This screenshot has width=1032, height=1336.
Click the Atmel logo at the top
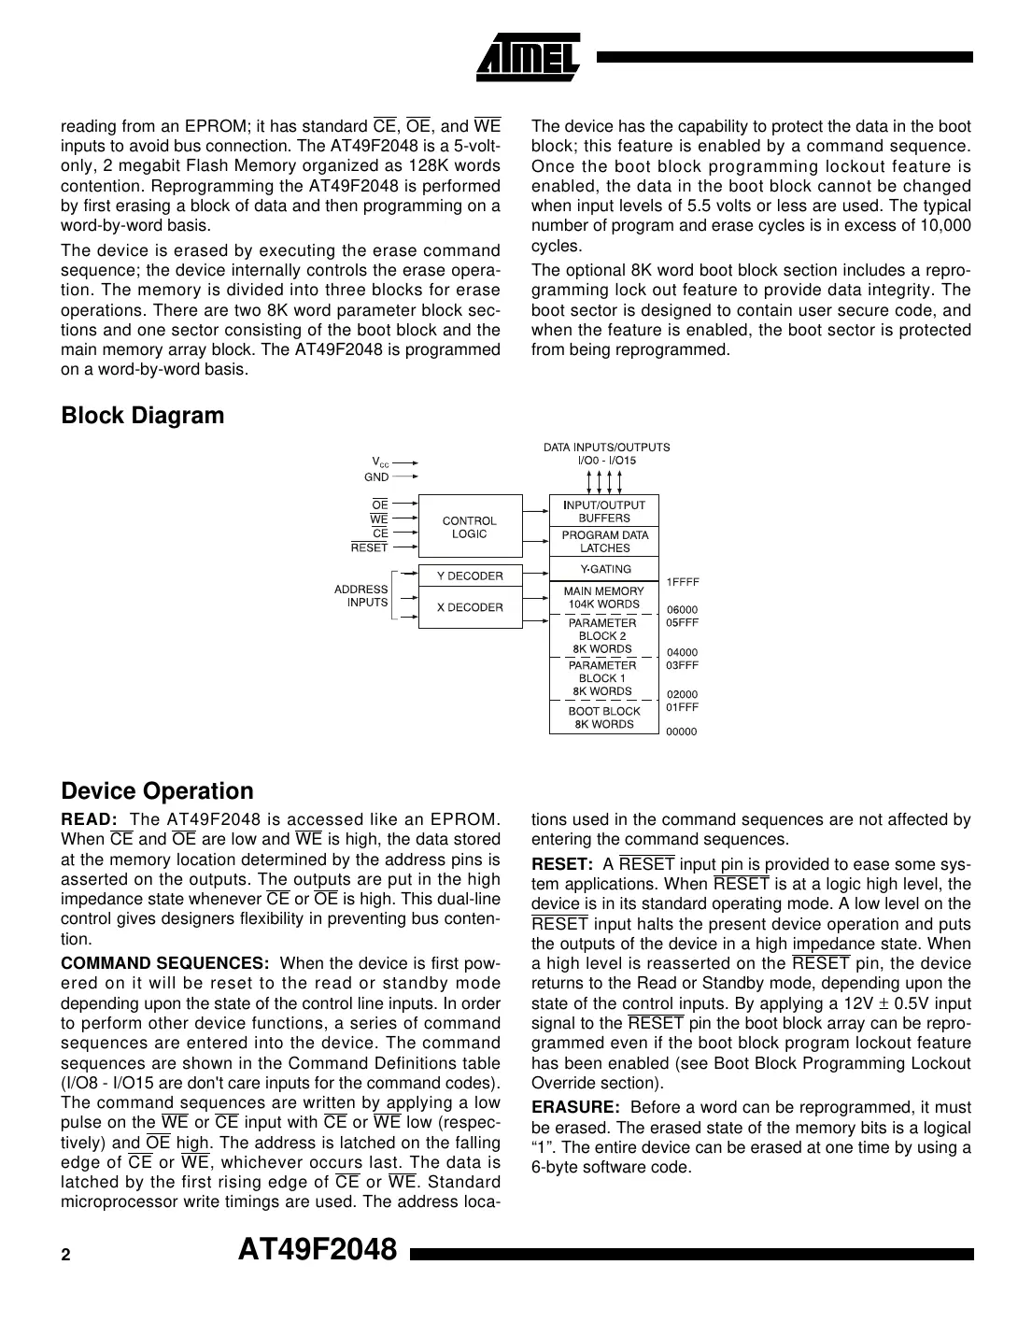(529, 55)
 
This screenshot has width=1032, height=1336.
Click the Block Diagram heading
(142, 416)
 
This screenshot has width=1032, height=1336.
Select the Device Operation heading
(157, 791)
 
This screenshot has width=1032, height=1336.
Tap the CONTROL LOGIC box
(470, 528)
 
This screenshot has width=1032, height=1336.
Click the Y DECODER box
(470, 576)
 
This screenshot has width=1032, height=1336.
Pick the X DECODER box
(470, 608)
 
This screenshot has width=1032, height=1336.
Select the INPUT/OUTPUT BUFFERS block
(603, 511)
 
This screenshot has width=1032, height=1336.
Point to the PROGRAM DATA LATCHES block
(603, 542)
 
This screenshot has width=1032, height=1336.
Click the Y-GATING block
(603, 569)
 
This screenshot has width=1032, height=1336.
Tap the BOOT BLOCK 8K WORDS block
(603, 718)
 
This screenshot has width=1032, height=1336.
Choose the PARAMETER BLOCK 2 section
(603, 635)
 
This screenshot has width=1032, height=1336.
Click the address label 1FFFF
(683, 582)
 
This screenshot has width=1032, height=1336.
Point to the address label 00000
(681, 732)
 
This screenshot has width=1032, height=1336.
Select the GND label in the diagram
(376, 476)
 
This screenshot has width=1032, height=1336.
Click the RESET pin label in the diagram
(369, 548)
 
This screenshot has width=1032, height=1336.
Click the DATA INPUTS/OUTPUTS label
(606, 448)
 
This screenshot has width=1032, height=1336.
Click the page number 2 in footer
(65, 1255)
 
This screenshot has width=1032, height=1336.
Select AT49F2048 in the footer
(318, 1250)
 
